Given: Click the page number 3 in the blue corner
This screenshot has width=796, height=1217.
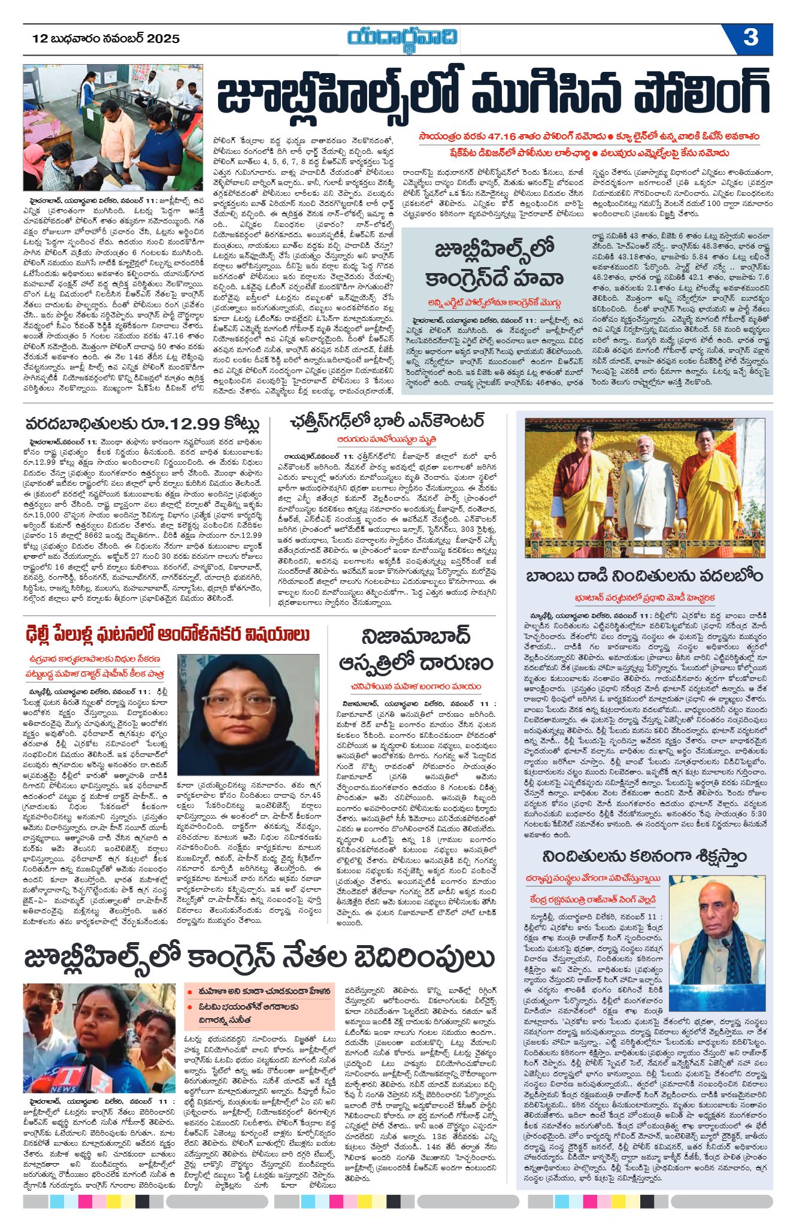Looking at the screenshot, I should pos(750,38).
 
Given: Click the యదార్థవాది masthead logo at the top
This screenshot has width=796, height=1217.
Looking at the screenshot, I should pos(403,38).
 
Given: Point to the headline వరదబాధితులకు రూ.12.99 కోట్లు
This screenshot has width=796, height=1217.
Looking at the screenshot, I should pos(143,424).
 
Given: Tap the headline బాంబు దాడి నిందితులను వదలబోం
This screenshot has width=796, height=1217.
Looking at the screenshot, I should pos(644,576).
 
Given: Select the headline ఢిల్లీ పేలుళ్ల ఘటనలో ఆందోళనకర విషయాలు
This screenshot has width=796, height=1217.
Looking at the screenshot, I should pos(168,634).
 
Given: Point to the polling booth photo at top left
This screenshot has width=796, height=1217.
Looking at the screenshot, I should pos(113,128).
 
